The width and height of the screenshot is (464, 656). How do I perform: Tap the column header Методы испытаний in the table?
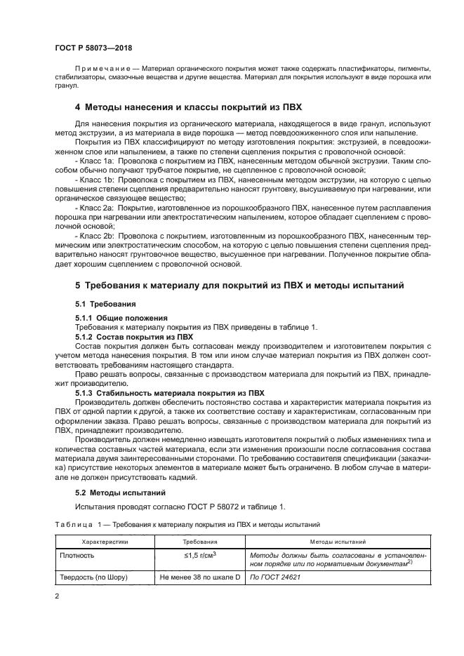tap(337, 542)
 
